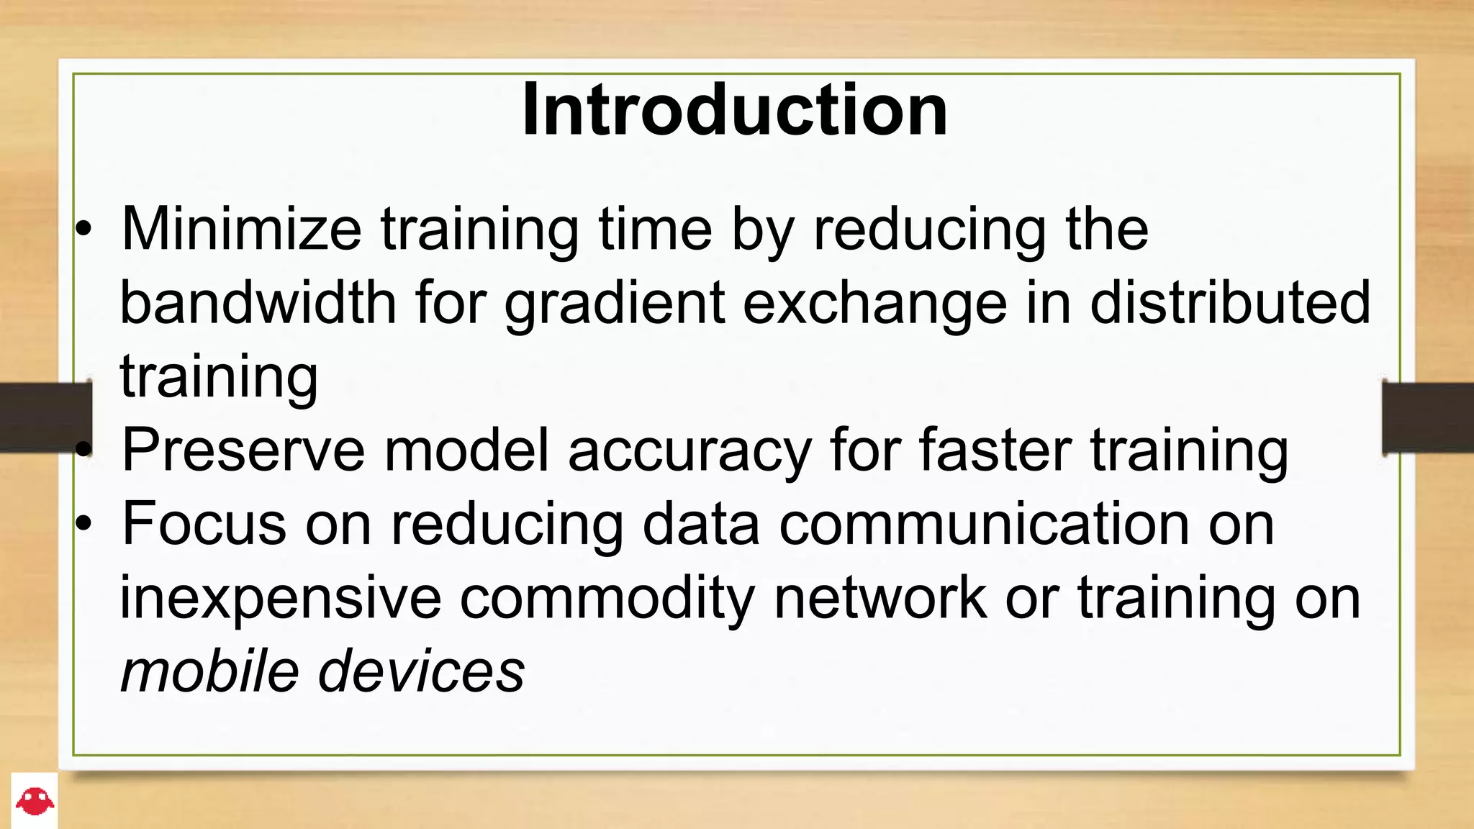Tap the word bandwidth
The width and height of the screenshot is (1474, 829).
(258, 303)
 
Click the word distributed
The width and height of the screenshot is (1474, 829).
(1230, 303)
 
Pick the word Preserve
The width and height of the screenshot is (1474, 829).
(244, 450)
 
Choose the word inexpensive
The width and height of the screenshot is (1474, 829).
(280, 599)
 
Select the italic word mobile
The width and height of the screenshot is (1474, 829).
(209, 671)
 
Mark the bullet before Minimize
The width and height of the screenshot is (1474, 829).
(84, 230)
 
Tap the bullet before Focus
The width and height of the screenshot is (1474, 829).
(84, 525)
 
